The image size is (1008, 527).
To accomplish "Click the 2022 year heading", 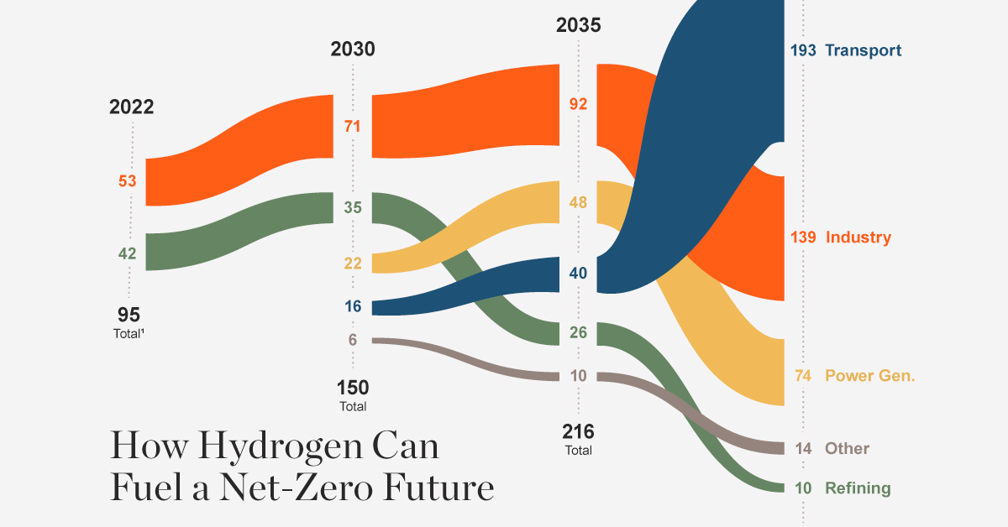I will pyautogui.click(x=131, y=107).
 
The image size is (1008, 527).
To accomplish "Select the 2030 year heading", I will pyautogui.click(x=353, y=50).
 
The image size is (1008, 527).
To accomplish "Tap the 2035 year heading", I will pyautogui.click(x=578, y=25).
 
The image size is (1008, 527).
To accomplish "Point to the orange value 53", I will pyautogui.click(x=127, y=181).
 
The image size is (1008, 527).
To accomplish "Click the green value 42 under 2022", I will pyautogui.click(x=127, y=252).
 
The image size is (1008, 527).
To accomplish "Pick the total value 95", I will pyautogui.click(x=129, y=316).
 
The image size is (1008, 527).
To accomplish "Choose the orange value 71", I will pyautogui.click(x=353, y=127).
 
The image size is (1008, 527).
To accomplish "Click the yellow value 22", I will pyautogui.click(x=353, y=263).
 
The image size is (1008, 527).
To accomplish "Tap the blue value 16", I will pyautogui.click(x=353, y=306).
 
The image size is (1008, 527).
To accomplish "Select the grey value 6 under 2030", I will pyautogui.click(x=354, y=339).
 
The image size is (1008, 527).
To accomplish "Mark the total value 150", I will pyautogui.click(x=353, y=389).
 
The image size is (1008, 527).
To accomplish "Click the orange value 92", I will pyautogui.click(x=578, y=105).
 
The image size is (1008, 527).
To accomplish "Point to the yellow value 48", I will pyautogui.click(x=578, y=202).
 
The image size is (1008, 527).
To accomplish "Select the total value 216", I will pyautogui.click(x=578, y=432).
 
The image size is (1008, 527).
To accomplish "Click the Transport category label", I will pyautogui.click(x=863, y=50).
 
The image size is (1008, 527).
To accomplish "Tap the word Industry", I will pyautogui.click(x=858, y=237).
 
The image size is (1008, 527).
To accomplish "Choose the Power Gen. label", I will pyautogui.click(x=869, y=375).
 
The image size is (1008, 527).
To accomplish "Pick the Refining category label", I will pyautogui.click(x=857, y=488).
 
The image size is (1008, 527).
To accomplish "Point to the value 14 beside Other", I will pyautogui.click(x=804, y=448).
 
